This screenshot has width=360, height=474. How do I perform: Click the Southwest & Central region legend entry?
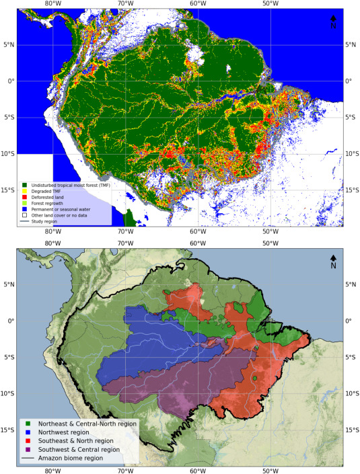pos(78,448)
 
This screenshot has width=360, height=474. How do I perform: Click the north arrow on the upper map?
pos(332,22)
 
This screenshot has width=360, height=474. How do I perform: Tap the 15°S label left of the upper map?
pos(9,190)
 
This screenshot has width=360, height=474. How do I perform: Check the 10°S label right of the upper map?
pos(351,153)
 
